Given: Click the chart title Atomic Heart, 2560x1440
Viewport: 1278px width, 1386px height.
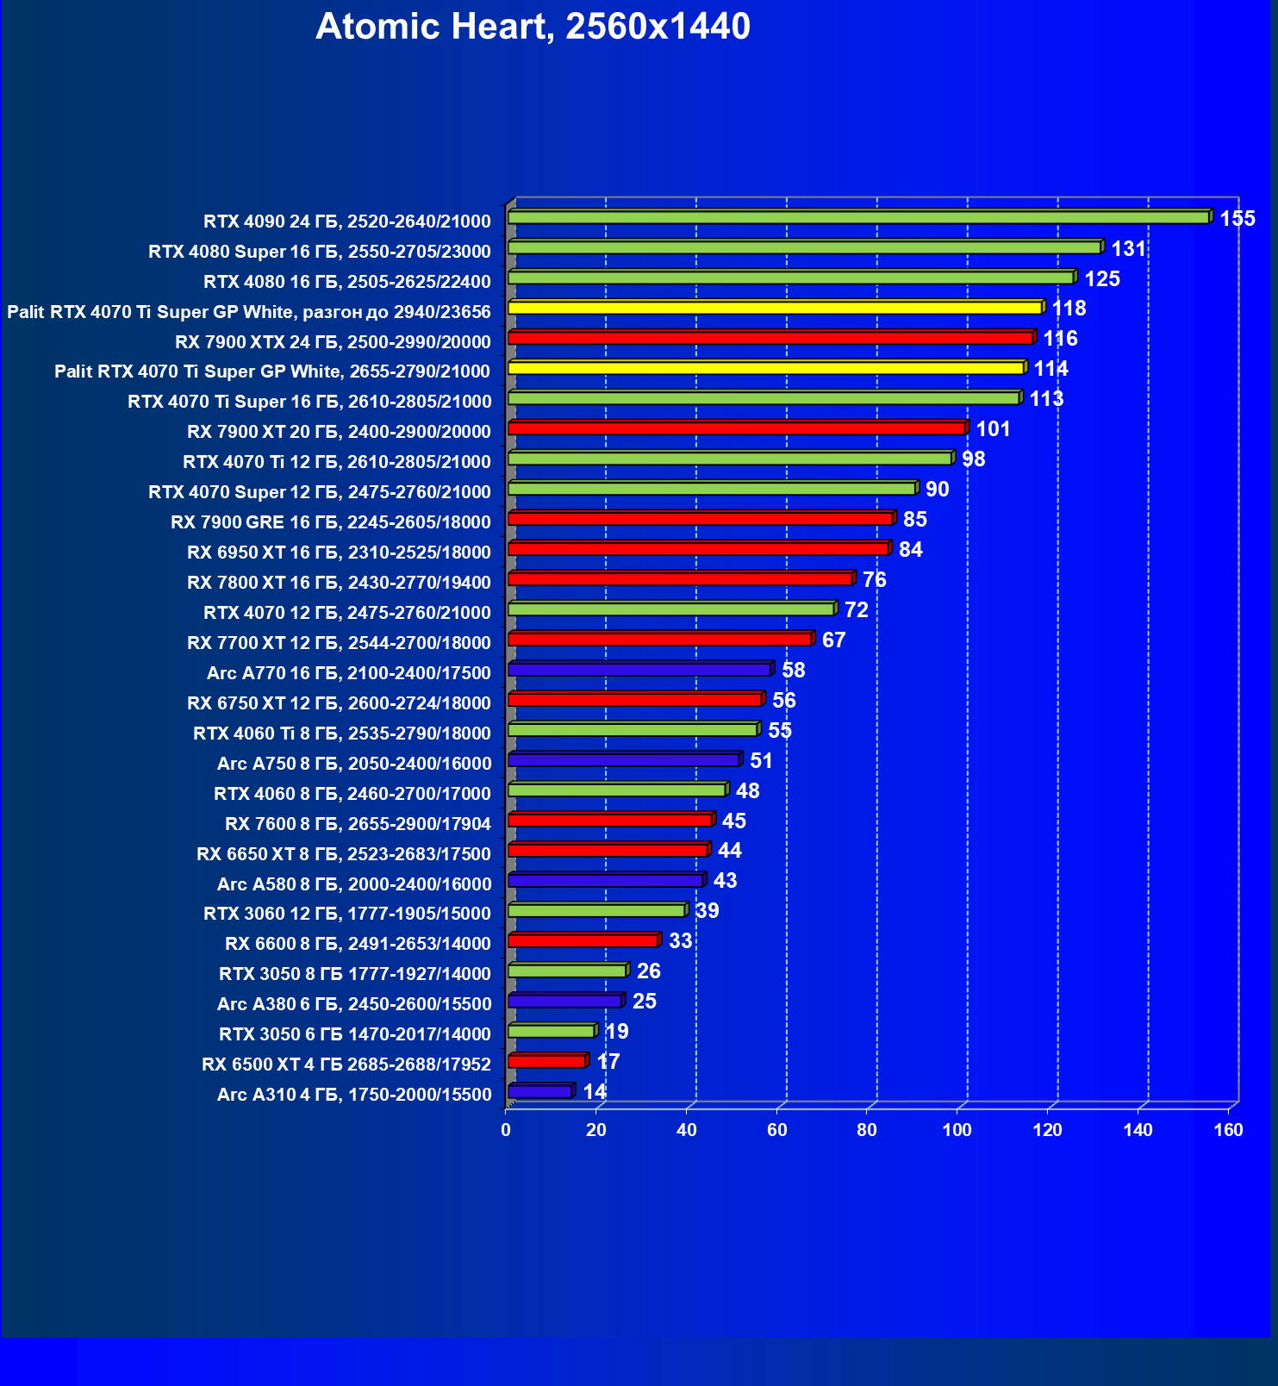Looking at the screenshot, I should coord(533,27).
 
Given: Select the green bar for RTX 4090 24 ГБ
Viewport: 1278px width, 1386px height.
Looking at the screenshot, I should coord(858,217).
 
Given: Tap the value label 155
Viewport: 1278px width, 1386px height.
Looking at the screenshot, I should coord(1237,218).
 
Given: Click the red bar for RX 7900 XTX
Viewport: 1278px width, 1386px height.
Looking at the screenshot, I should coord(770,338).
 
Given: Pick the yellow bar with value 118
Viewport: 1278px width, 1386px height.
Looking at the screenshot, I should coord(775,308).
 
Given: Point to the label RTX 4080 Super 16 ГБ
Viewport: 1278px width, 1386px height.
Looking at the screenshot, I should coord(319,252).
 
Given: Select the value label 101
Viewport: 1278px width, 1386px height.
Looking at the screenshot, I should coord(992,429).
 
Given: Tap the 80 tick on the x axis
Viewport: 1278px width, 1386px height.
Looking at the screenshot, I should coord(867,1130).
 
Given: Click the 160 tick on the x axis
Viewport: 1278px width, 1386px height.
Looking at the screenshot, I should coord(1228,1130).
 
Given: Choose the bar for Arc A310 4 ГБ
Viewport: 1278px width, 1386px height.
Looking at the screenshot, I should coord(539,1091).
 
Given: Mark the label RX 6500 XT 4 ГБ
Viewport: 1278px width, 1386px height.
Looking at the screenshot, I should coord(346,1064).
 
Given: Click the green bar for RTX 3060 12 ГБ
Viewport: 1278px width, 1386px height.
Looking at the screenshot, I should coord(596,910).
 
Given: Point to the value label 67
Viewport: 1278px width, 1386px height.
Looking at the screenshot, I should coord(833,640).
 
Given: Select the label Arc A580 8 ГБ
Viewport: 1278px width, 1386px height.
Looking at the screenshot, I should coord(353,884).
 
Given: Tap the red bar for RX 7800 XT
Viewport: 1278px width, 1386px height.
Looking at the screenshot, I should coord(680,578).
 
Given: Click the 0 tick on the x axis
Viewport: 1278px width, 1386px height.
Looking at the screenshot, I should coord(506,1130).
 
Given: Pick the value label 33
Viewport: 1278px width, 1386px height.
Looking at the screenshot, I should coord(680,940).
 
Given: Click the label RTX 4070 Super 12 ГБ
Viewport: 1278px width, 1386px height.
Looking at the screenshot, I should coord(319,492).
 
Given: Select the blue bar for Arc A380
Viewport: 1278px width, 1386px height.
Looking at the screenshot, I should coord(564,1001).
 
